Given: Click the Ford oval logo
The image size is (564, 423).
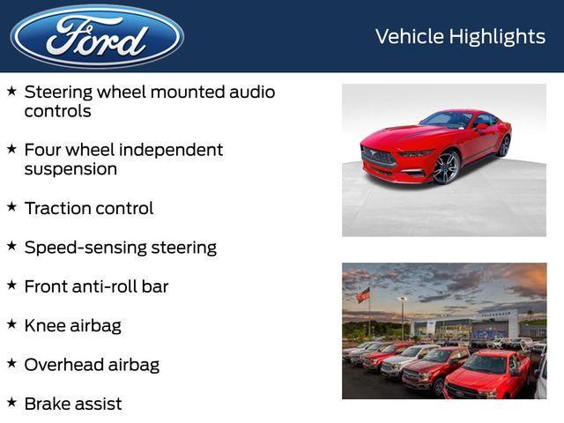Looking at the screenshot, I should [x=97, y=36].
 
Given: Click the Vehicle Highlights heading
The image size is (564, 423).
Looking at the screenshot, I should [x=460, y=36].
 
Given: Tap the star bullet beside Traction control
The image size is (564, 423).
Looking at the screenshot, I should [x=11, y=207].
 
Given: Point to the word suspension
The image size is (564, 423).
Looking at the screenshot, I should [x=70, y=169].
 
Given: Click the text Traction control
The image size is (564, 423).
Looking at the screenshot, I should [x=88, y=209].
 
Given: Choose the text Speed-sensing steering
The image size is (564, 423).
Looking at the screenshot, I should [x=120, y=248].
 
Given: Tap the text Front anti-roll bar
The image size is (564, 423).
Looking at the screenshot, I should [x=96, y=286].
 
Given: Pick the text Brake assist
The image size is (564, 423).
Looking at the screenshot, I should [x=73, y=404].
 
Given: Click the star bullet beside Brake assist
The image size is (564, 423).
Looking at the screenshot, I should [x=11, y=402].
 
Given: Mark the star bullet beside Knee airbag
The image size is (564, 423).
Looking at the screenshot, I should [x=11, y=323].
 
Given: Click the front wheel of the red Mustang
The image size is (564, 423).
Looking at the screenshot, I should [x=446, y=167].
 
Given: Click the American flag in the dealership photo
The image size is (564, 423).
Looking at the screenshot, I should [x=363, y=295].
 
